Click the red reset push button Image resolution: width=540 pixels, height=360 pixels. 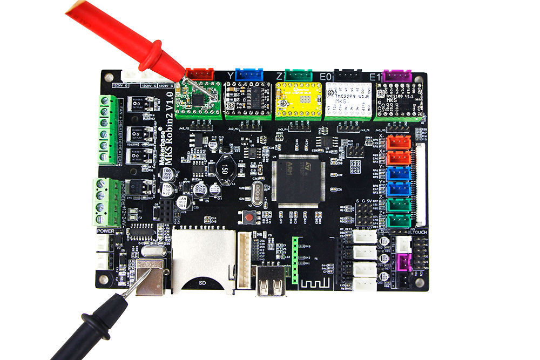click(249, 218)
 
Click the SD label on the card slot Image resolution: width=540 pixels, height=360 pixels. click(201, 282)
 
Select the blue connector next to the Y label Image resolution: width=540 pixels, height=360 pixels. click(249, 74)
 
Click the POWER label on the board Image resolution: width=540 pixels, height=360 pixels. click(105, 231)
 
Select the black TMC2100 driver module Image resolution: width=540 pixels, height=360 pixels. click(397, 100)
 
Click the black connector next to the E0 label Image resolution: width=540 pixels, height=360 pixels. click(348, 76)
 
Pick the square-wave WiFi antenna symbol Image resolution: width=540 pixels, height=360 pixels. click(311, 283)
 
